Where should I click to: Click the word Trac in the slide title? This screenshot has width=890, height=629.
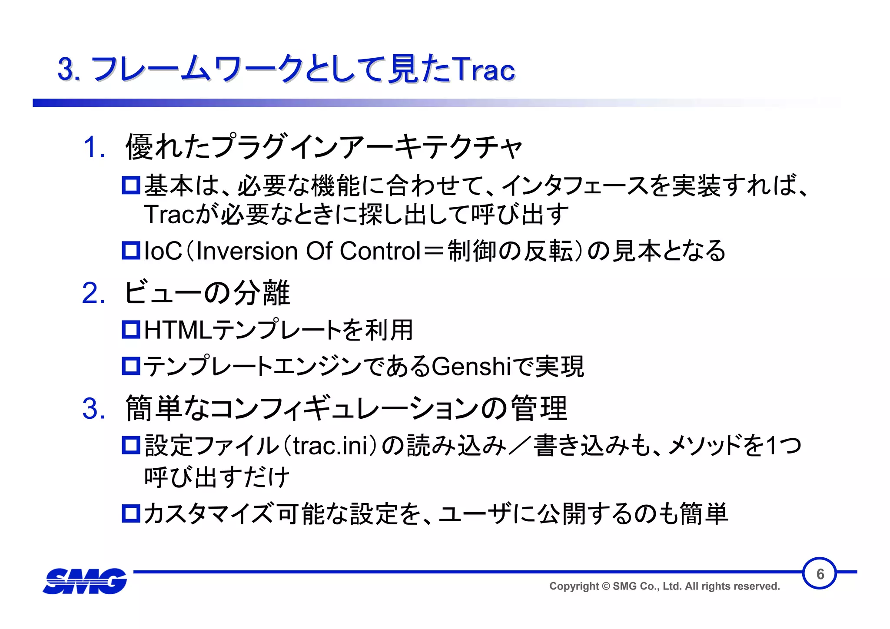483,70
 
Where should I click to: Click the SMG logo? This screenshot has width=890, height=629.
85,581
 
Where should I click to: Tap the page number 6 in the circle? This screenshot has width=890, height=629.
820,574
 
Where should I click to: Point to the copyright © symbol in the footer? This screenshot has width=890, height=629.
606,586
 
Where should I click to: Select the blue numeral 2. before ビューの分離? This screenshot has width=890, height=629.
93,293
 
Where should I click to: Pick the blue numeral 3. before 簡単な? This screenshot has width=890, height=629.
93,409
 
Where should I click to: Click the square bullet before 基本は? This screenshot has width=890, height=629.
130,185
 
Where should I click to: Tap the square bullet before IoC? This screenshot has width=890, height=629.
130,251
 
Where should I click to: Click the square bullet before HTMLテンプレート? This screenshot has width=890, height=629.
130,330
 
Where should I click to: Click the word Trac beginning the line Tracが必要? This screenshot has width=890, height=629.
169,214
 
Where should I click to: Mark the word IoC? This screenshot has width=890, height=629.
163,251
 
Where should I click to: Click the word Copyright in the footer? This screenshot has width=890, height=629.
574,586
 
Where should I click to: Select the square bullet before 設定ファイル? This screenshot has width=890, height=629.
130,445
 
